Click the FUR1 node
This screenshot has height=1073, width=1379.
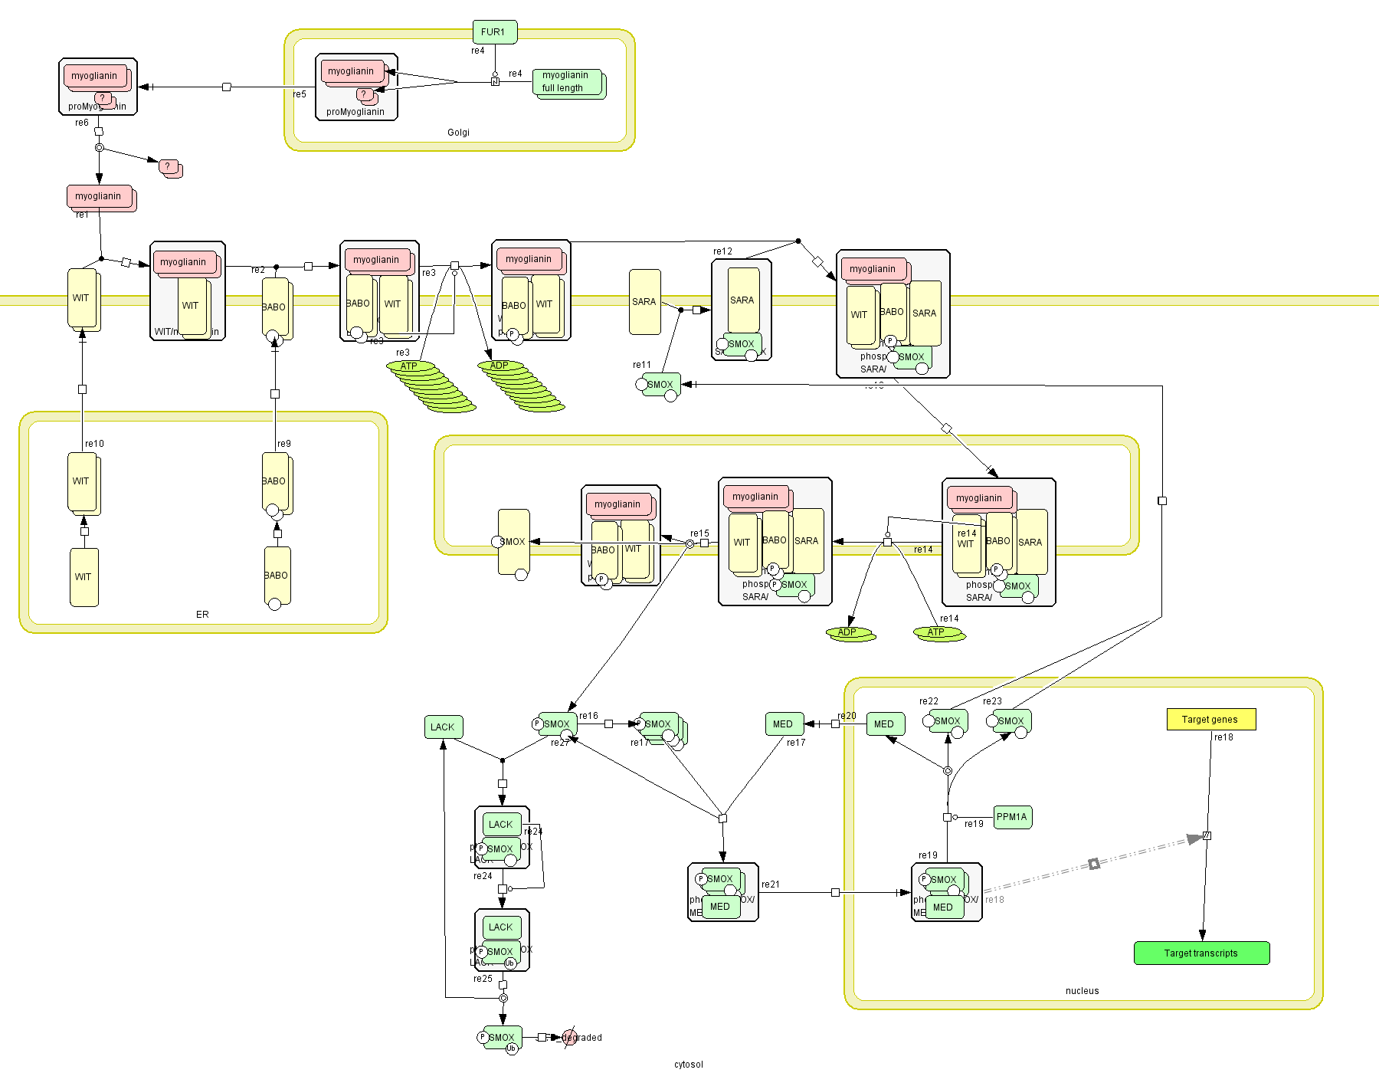[494, 32]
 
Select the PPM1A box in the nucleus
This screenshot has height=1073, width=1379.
[1012, 817]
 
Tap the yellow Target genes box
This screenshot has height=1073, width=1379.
[1210, 719]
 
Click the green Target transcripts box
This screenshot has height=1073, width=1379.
[1201, 953]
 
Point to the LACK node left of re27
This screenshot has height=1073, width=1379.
[443, 727]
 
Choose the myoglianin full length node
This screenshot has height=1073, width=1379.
[566, 81]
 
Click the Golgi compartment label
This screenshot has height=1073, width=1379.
[458, 133]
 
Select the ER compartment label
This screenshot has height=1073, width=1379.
[202, 615]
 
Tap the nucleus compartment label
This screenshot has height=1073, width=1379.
[1082, 991]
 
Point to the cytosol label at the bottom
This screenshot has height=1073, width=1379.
[688, 1064]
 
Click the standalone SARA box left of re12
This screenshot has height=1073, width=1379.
[644, 302]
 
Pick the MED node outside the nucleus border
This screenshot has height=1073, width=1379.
[783, 724]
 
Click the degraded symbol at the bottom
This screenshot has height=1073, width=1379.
[569, 1038]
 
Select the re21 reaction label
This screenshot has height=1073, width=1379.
[771, 884]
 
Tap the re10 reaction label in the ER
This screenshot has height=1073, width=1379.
[95, 444]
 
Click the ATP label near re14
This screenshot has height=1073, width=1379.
[936, 632]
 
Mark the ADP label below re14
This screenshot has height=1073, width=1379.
[847, 632]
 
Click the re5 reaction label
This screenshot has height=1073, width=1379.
[300, 94]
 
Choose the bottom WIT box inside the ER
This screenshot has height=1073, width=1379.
[84, 577]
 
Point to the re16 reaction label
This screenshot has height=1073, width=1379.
[588, 716]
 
